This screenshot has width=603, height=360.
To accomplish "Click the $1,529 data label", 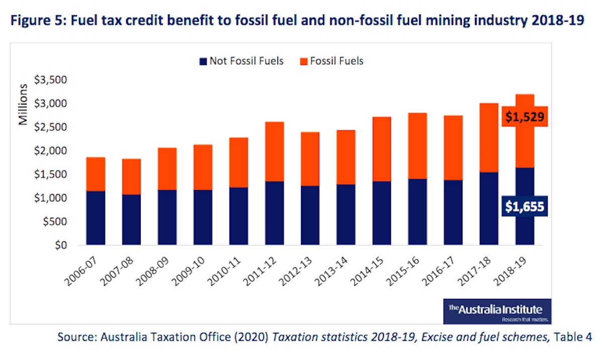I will (524, 117).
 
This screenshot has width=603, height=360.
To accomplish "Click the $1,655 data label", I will (524, 207).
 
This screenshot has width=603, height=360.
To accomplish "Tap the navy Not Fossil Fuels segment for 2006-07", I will (95, 218).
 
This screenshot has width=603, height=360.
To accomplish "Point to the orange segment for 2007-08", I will (131, 176).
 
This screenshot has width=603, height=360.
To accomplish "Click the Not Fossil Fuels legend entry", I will (241, 61).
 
